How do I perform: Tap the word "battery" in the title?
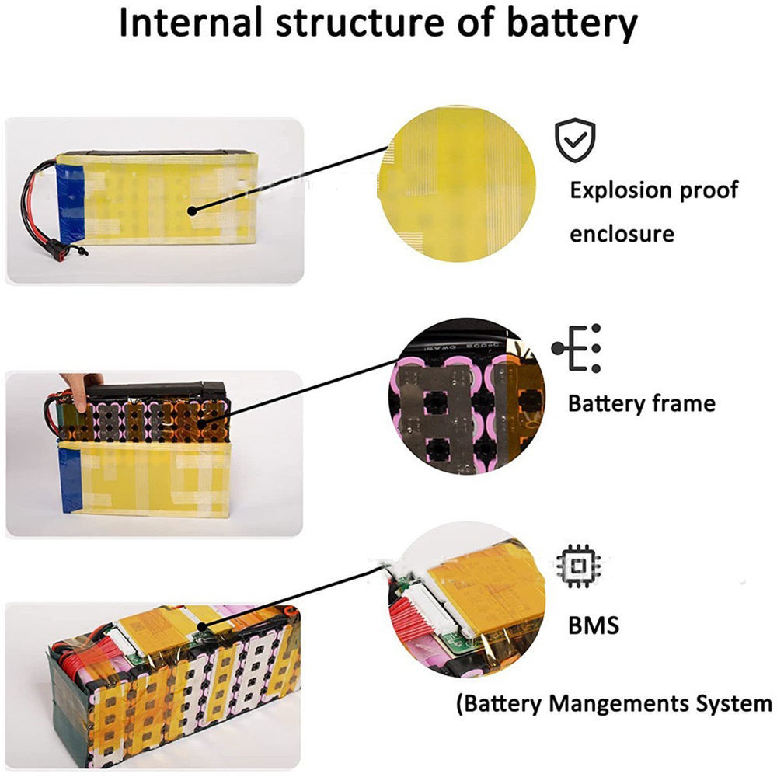pyautogui.click(x=571, y=26)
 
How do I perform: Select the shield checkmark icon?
pyautogui.click(x=574, y=141)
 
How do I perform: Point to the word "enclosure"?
pyautogui.click(x=622, y=233)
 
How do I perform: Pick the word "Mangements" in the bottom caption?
pyautogui.click(x=611, y=705)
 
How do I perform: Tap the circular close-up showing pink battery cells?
pyautogui.click(x=466, y=396)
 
